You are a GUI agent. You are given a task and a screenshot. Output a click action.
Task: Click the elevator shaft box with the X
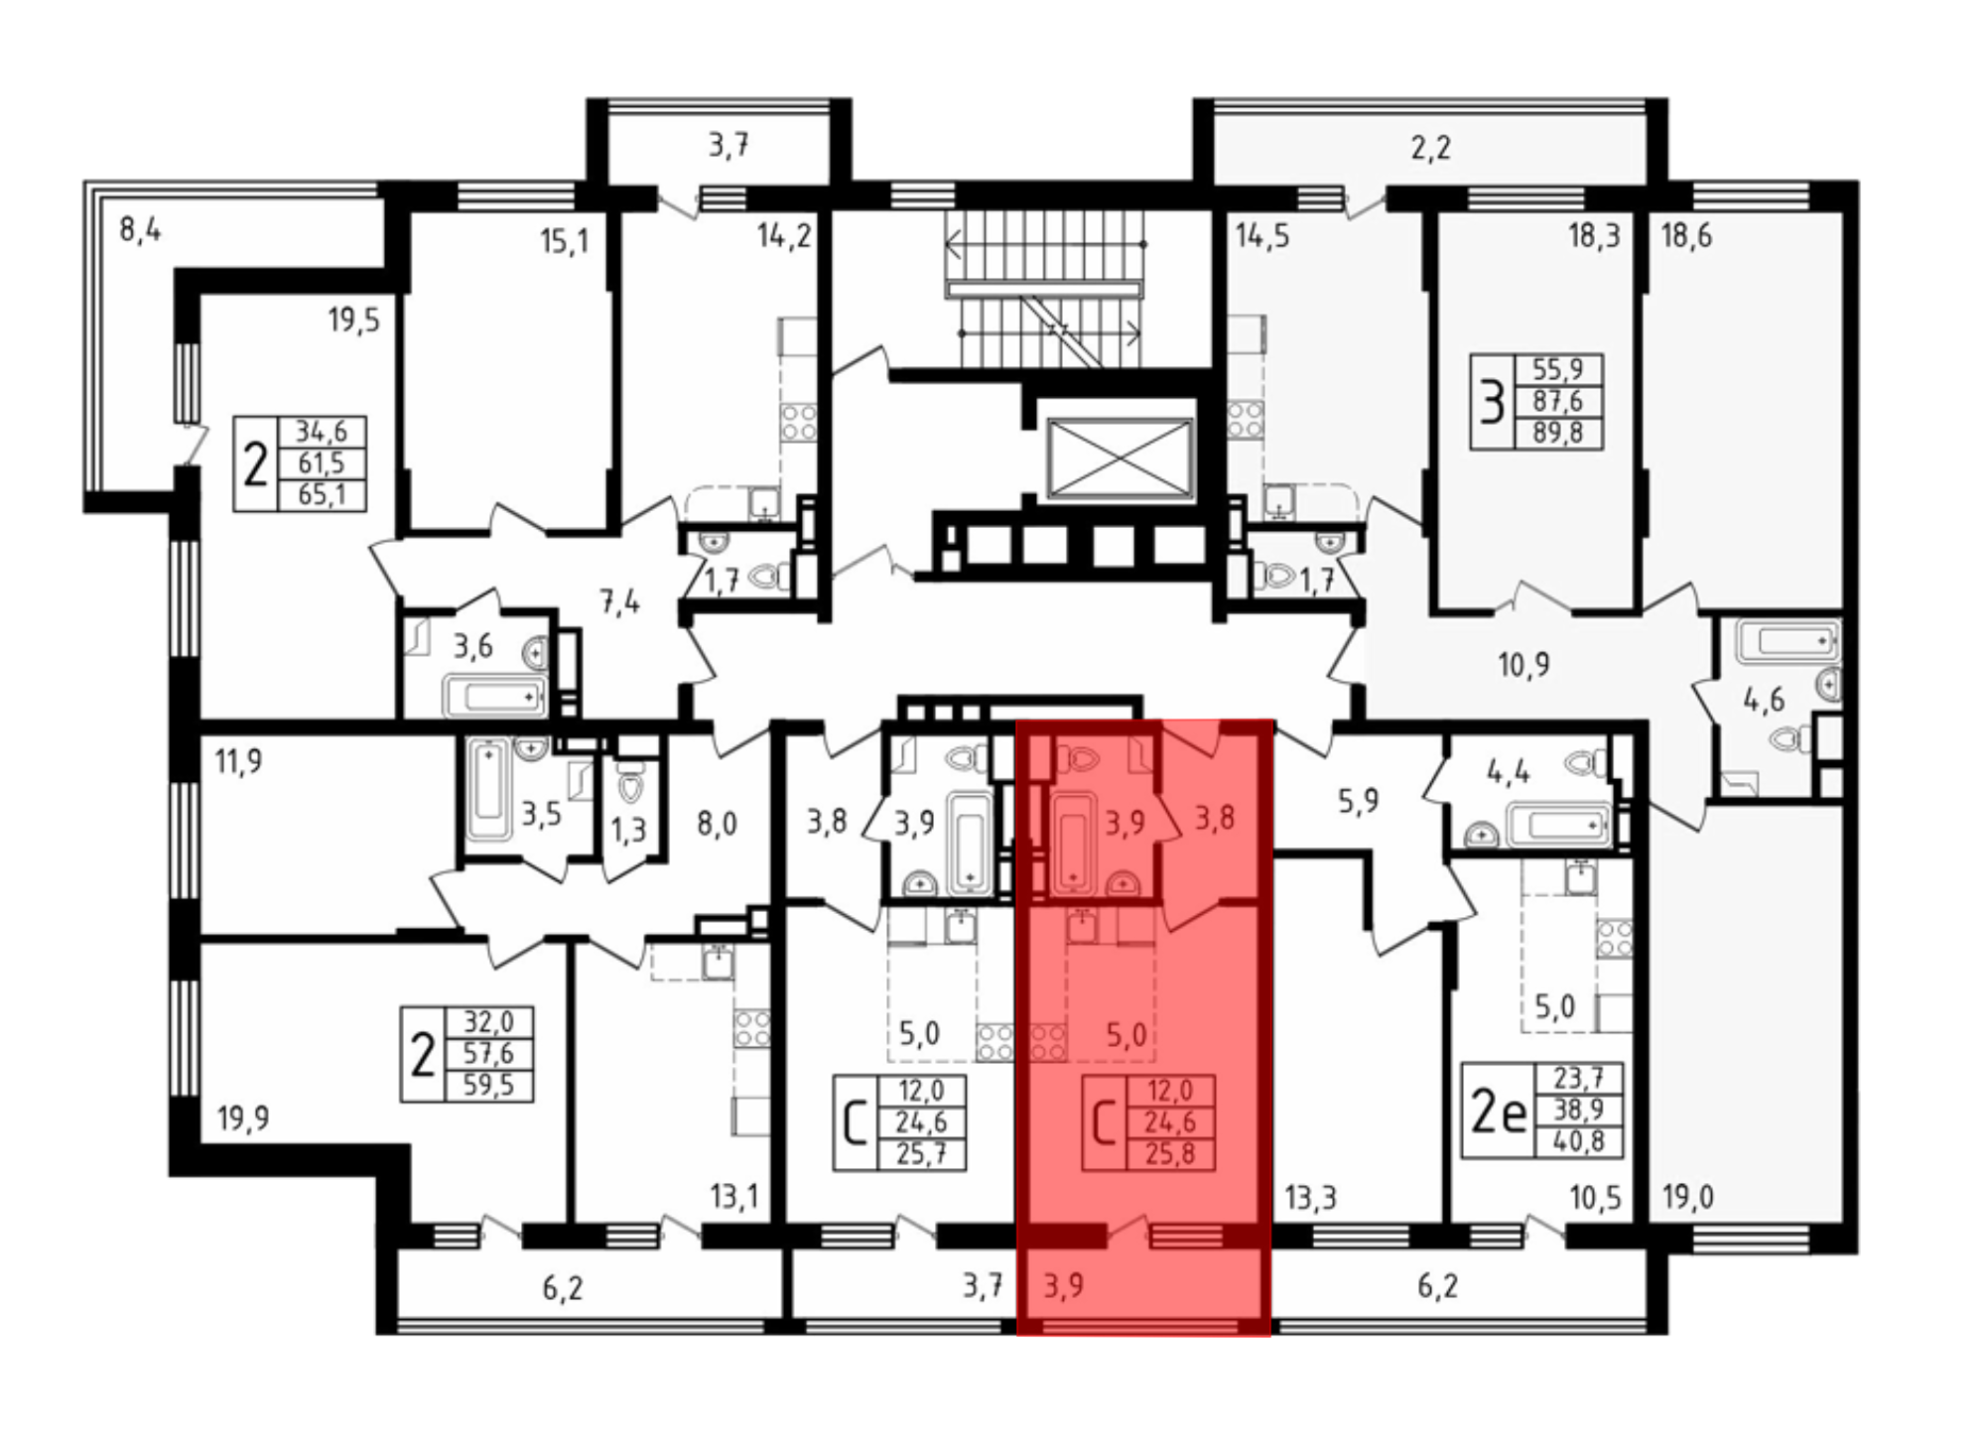pyautogui.click(x=1120, y=457)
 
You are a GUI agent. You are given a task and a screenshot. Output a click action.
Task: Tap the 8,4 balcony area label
pyautogui.click(x=140, y=231)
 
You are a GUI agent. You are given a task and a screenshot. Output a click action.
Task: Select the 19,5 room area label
pyautogui.click(x=353, y=320)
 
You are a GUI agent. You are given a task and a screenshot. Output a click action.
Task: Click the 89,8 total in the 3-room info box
pyautogui.click(x=1557, y=433)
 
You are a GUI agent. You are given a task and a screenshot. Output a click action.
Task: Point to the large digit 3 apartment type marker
pyautogui.click(x=1492, y=402)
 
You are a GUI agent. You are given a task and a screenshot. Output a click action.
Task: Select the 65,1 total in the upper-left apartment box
pyautogui.click(x=321, y=493)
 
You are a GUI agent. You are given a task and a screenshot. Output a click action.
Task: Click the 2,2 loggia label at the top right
pyautogui.click(x=1430, y=148)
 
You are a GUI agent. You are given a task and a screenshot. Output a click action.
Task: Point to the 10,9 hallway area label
pyautogui.click(x=1523, y=664)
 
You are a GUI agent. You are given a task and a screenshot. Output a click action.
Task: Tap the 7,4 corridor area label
pyautogui.click(x=619, y=602)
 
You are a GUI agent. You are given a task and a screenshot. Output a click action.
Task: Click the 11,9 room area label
pyautogui.click(x=238, y=762)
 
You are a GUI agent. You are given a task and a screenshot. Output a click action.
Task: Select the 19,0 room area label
pyautogui.click(x=1687, y=1198)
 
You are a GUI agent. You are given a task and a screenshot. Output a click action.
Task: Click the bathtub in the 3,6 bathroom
pyautogui.click(x=494, y=695)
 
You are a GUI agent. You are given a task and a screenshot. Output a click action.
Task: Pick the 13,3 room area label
pyautogui.click(x=1310, y=1198)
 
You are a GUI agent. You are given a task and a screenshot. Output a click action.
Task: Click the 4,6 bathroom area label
pyautogui.click(x=1764, y=700)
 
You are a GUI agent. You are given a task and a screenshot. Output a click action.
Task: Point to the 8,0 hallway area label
pyautogui.click(x=716, y=824)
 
